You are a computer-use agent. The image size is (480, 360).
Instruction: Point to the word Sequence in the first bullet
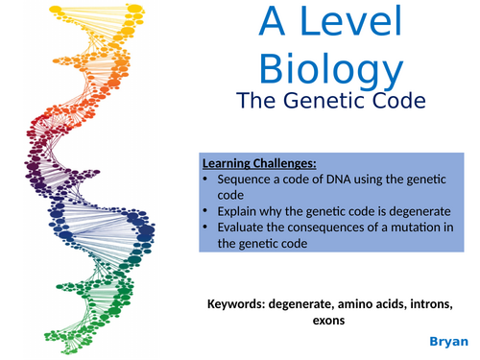click(x=249, y=180)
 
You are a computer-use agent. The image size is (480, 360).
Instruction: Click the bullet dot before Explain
click(x=207, y=212)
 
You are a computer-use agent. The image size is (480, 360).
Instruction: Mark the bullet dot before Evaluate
click(x=207, y=228)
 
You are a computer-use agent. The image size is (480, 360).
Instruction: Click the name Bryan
click(x=446, y=341)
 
